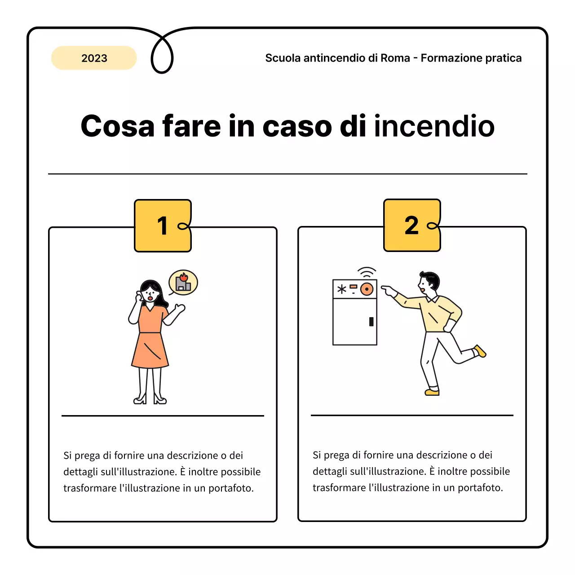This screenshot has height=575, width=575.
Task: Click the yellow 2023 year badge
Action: click(x=94, y=58)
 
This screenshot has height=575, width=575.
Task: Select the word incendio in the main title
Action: click(x=434, y=126)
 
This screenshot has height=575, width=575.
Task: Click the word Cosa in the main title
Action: click(x=118, y=126)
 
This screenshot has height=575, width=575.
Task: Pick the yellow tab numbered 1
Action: click(x=163, y=226)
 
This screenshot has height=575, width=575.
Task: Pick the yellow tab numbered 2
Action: click(x=412, y=225)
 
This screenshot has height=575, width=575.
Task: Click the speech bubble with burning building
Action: click(x=183, y=283)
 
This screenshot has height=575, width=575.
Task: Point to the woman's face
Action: click(x=150, y=294)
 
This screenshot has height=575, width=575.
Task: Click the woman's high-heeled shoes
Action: click(x=150, y=399)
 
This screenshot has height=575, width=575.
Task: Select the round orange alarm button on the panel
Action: click(x=367, y=289)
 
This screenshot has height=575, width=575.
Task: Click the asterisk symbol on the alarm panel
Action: click(x=342, y=289)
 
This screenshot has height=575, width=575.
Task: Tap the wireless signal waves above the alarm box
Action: click(x=367, y=272)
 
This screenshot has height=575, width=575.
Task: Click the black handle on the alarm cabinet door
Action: click(x=371, y=322)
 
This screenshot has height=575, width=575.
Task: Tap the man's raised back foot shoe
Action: click(x=480, y=351)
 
